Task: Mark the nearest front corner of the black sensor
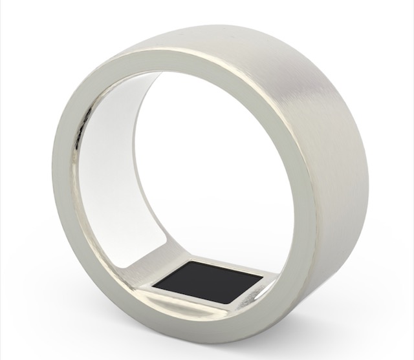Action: click(x=229, y=303)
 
